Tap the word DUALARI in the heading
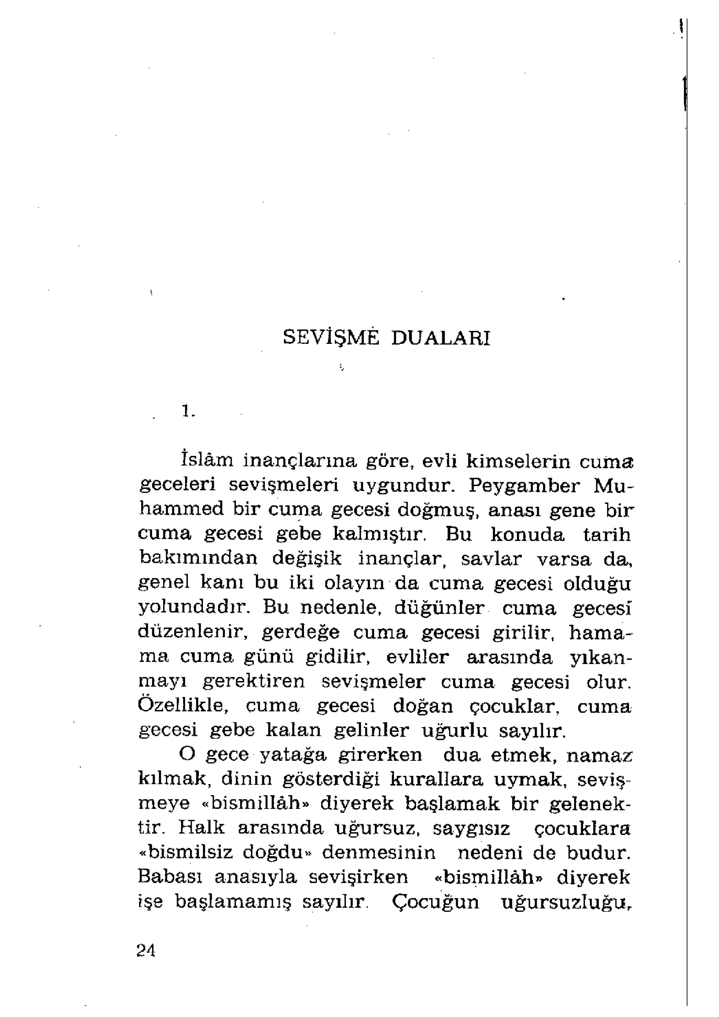point(441,338)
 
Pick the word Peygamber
point(524,486)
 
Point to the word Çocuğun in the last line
point(436,902)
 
